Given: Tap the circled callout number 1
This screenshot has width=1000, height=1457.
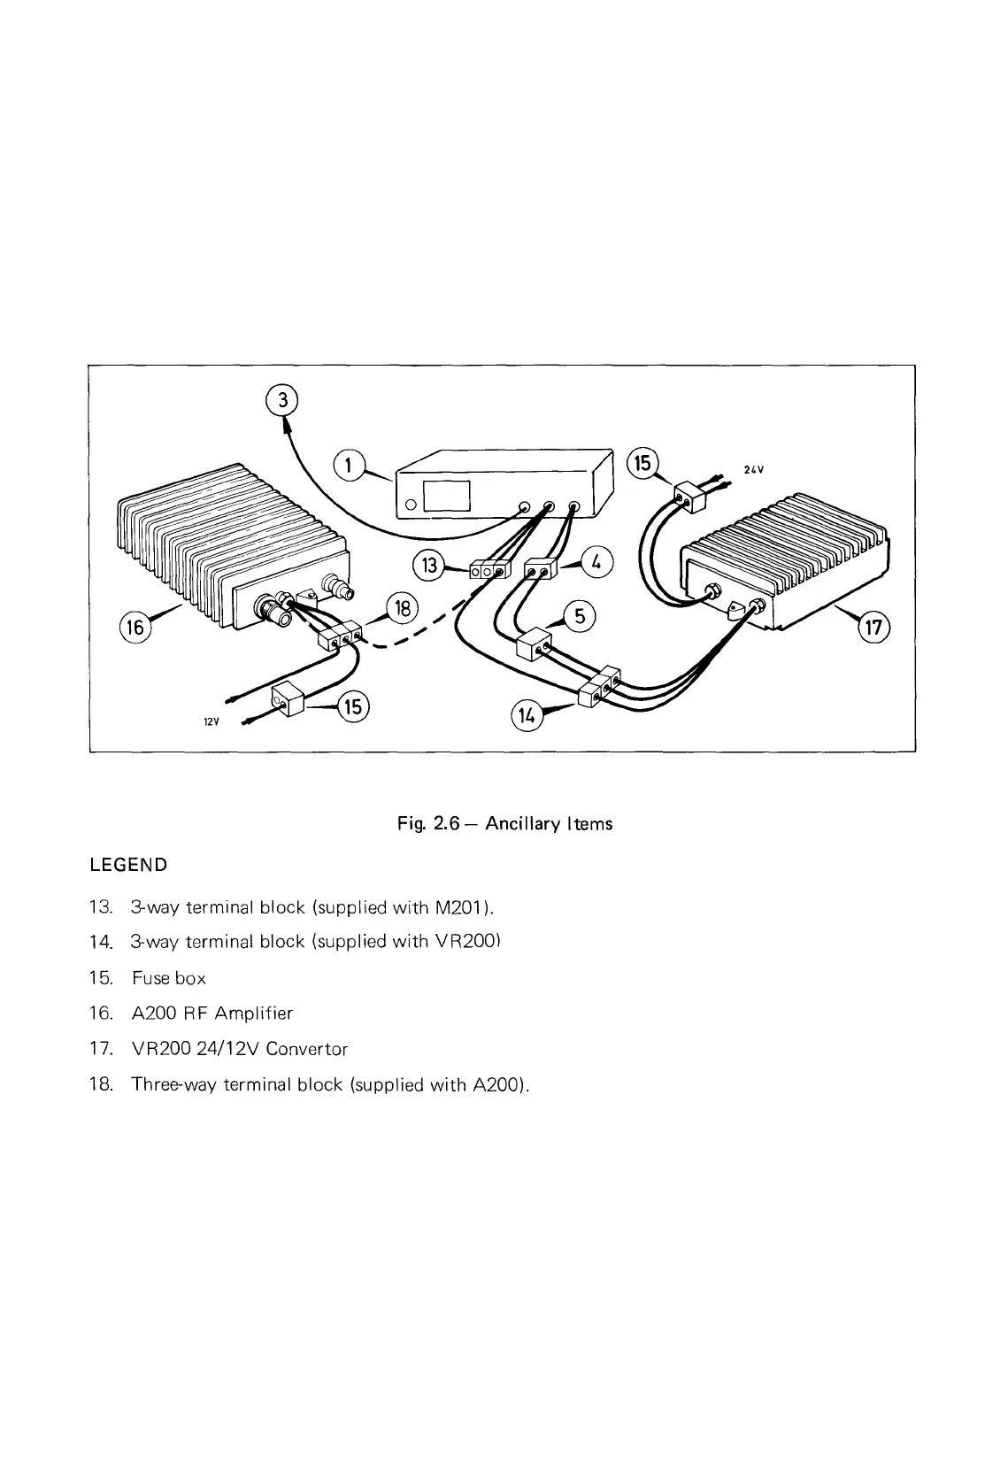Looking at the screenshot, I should [350, 465].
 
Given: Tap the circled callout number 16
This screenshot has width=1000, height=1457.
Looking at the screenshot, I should [135, 628].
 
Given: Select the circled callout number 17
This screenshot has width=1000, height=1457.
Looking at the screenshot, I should [873, 628].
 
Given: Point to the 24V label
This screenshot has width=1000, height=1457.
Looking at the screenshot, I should [753, 471].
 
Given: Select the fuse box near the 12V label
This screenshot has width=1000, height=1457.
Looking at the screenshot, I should [289, 702].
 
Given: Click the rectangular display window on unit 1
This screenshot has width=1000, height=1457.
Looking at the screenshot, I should [447, 497].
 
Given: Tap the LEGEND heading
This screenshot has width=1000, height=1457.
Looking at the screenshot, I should [128, 865].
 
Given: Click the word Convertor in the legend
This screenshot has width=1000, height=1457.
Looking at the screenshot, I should [307, 1049].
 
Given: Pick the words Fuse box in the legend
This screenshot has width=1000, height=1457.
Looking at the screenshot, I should [168, 978].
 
